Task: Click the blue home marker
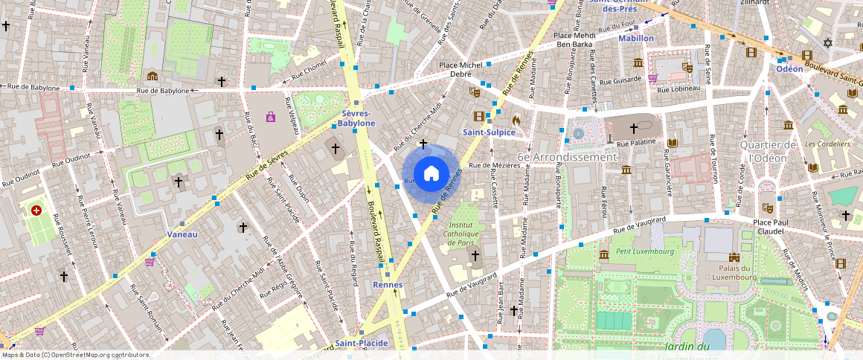[431, 174]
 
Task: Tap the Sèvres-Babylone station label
[356, 118]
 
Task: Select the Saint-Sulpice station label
[488, 132]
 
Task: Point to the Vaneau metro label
[182, 234]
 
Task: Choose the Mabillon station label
[636, 38]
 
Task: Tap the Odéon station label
[789, 68]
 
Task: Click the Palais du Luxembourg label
[738, 272]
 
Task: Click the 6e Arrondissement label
[567, 157]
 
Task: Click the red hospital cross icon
[36, 211]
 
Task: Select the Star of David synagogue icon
[827, 42]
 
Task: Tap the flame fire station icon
[516, 119]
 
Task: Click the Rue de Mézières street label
[493, 165]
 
